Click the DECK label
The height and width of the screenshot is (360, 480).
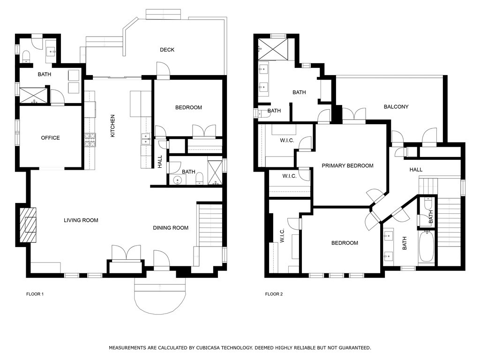click(167, 50)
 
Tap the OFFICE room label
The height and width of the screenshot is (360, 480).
click(50, 138)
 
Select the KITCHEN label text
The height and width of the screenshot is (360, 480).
click(112, 126)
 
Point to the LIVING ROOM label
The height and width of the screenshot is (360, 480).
click(81, 220)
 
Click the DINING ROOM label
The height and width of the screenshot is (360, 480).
click(171, 228)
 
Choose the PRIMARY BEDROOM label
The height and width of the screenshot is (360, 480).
click(347, 165)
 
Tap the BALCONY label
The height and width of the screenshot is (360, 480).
click(396, 106)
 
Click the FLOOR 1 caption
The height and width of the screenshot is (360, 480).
click(35, 294)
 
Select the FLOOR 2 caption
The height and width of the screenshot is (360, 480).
click(274, 294)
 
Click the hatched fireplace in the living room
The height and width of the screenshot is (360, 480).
click(28, 225)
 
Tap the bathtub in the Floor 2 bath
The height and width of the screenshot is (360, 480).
click(426, 247)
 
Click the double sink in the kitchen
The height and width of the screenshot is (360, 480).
click(146, 139)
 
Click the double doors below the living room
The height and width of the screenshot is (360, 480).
click(126, 253)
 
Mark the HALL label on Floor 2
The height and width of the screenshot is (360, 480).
click(416, 170)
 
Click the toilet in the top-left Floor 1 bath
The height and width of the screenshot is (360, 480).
click(26, 56)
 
